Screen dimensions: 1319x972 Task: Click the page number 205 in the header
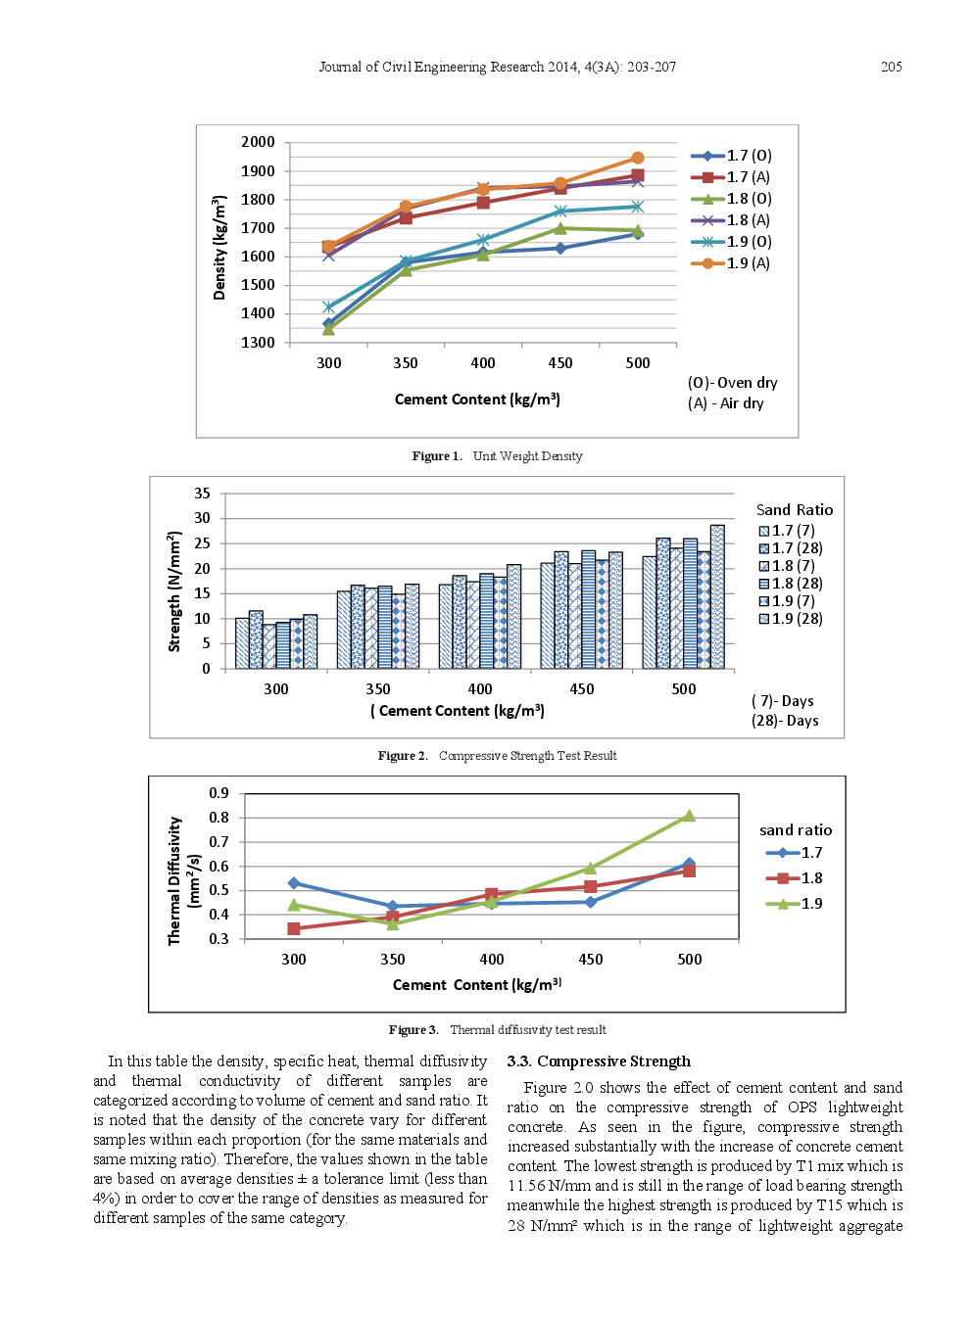[x=891, y=67]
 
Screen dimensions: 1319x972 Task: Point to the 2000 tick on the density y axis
[x=259, y=142]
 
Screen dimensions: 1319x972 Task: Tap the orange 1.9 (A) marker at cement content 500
[x=638, y=158]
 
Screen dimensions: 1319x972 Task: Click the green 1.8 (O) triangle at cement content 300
[x=328, y=329]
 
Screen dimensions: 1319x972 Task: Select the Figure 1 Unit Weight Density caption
[x=497, y=456]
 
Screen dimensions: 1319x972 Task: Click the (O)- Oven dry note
[x=732, y=383]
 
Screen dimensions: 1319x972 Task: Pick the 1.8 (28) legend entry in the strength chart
[x=791, y=584]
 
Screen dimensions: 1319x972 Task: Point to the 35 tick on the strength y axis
[x=202, y=494]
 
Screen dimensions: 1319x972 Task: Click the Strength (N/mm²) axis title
[x=175, y=591]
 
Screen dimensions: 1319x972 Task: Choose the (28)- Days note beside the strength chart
[x=785, y=721]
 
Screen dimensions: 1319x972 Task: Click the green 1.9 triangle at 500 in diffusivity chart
[x=689, y=816]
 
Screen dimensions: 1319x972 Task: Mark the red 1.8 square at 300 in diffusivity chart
[x=294, y=928]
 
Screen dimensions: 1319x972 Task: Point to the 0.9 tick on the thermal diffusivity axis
[x=219, y=793]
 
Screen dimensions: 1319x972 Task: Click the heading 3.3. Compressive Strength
[x=599, y=1061]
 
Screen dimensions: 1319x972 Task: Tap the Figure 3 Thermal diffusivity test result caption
[x=497, y=1030]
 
